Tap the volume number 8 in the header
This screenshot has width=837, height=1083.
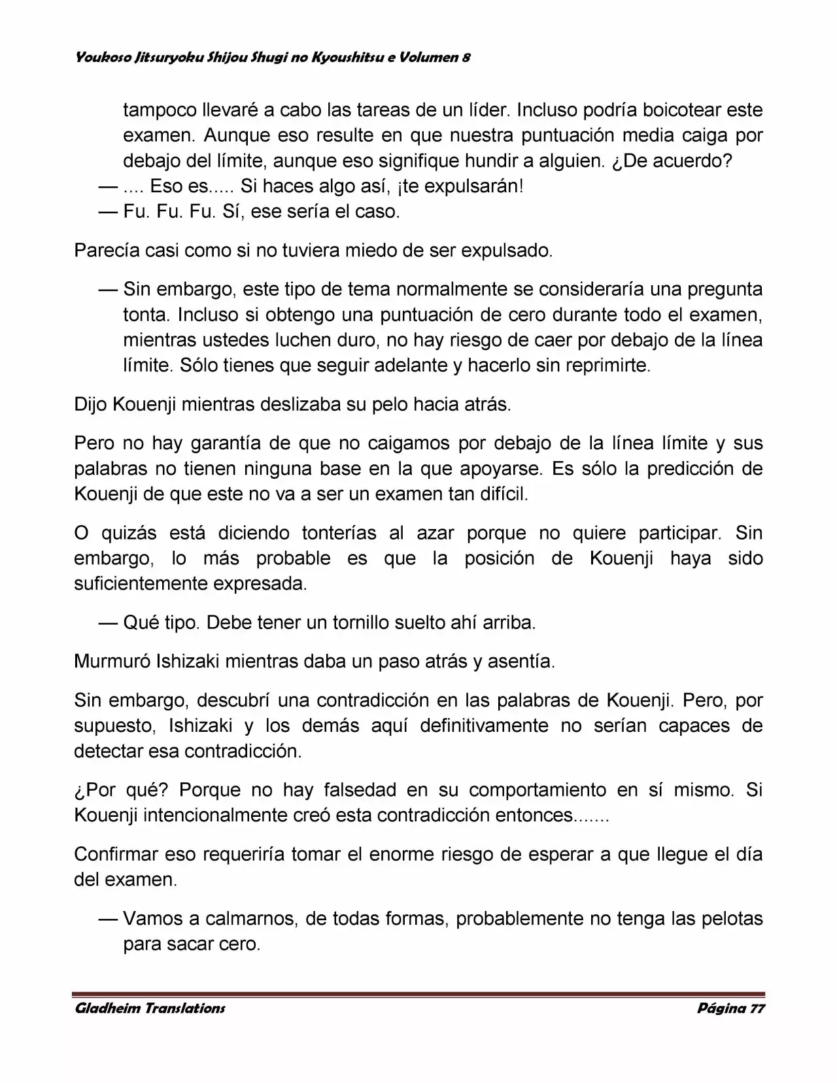pos(466,58)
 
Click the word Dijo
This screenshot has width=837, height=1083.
pos(91,404)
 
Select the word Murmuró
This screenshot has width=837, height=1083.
pos(112,661)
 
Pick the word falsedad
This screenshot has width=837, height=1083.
pos(360,790)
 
